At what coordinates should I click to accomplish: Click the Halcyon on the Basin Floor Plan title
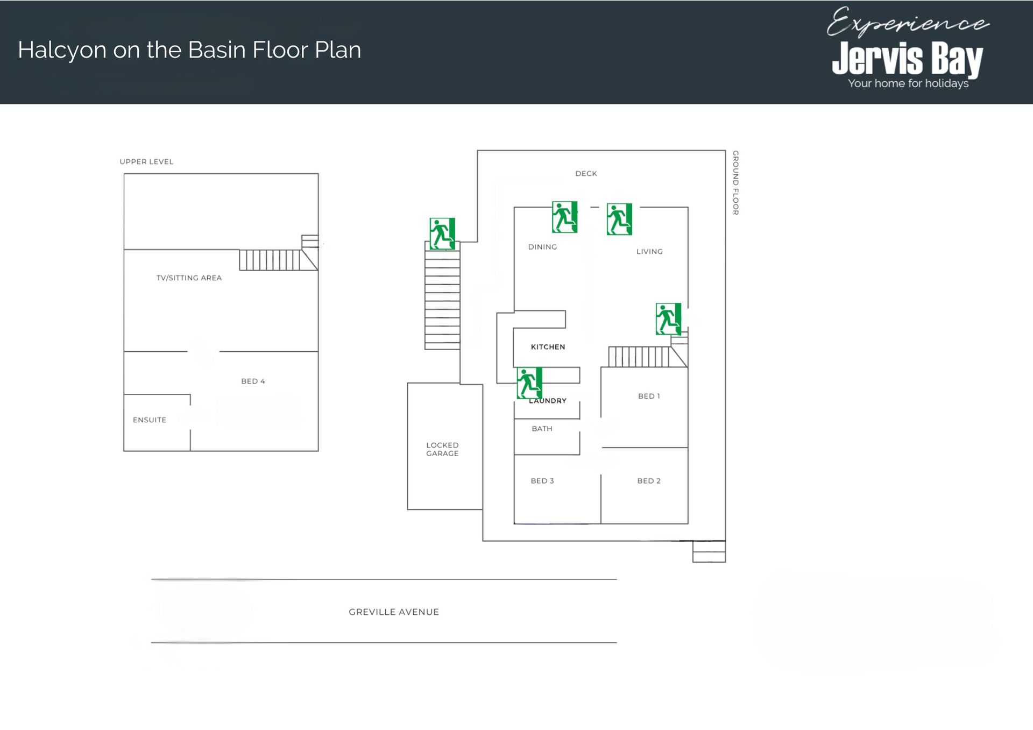tap(189, 51)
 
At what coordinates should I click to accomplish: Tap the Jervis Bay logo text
tap(908, 59)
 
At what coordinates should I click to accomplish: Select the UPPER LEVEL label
tap(146, 161)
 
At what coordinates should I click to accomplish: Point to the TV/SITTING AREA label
tap(189, 278)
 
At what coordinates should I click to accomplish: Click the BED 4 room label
tap(253, 381)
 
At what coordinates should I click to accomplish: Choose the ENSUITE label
tap(150, 420)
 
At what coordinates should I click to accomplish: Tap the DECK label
tap(586, 173)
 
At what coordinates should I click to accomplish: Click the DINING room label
tap(542, 247)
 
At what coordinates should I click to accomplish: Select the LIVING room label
tap(649, 251)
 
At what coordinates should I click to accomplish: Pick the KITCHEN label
tap(548, 347)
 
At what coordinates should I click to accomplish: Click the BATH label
tap(542, 429)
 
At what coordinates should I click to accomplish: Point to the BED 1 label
tap(649, 396)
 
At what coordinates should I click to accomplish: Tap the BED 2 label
tap(649, 481)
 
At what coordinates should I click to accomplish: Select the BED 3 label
tap(542, 481)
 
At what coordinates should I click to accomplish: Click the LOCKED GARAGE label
tap(442, 449)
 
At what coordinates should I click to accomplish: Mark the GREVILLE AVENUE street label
tap(394, 612)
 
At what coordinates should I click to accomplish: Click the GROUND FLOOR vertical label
tap(735, 183)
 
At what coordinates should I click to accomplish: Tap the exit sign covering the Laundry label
tap(529, 383)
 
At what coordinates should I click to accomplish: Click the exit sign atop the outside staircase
tap(442, 233)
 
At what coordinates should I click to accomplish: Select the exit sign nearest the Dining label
tap(564, 217)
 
